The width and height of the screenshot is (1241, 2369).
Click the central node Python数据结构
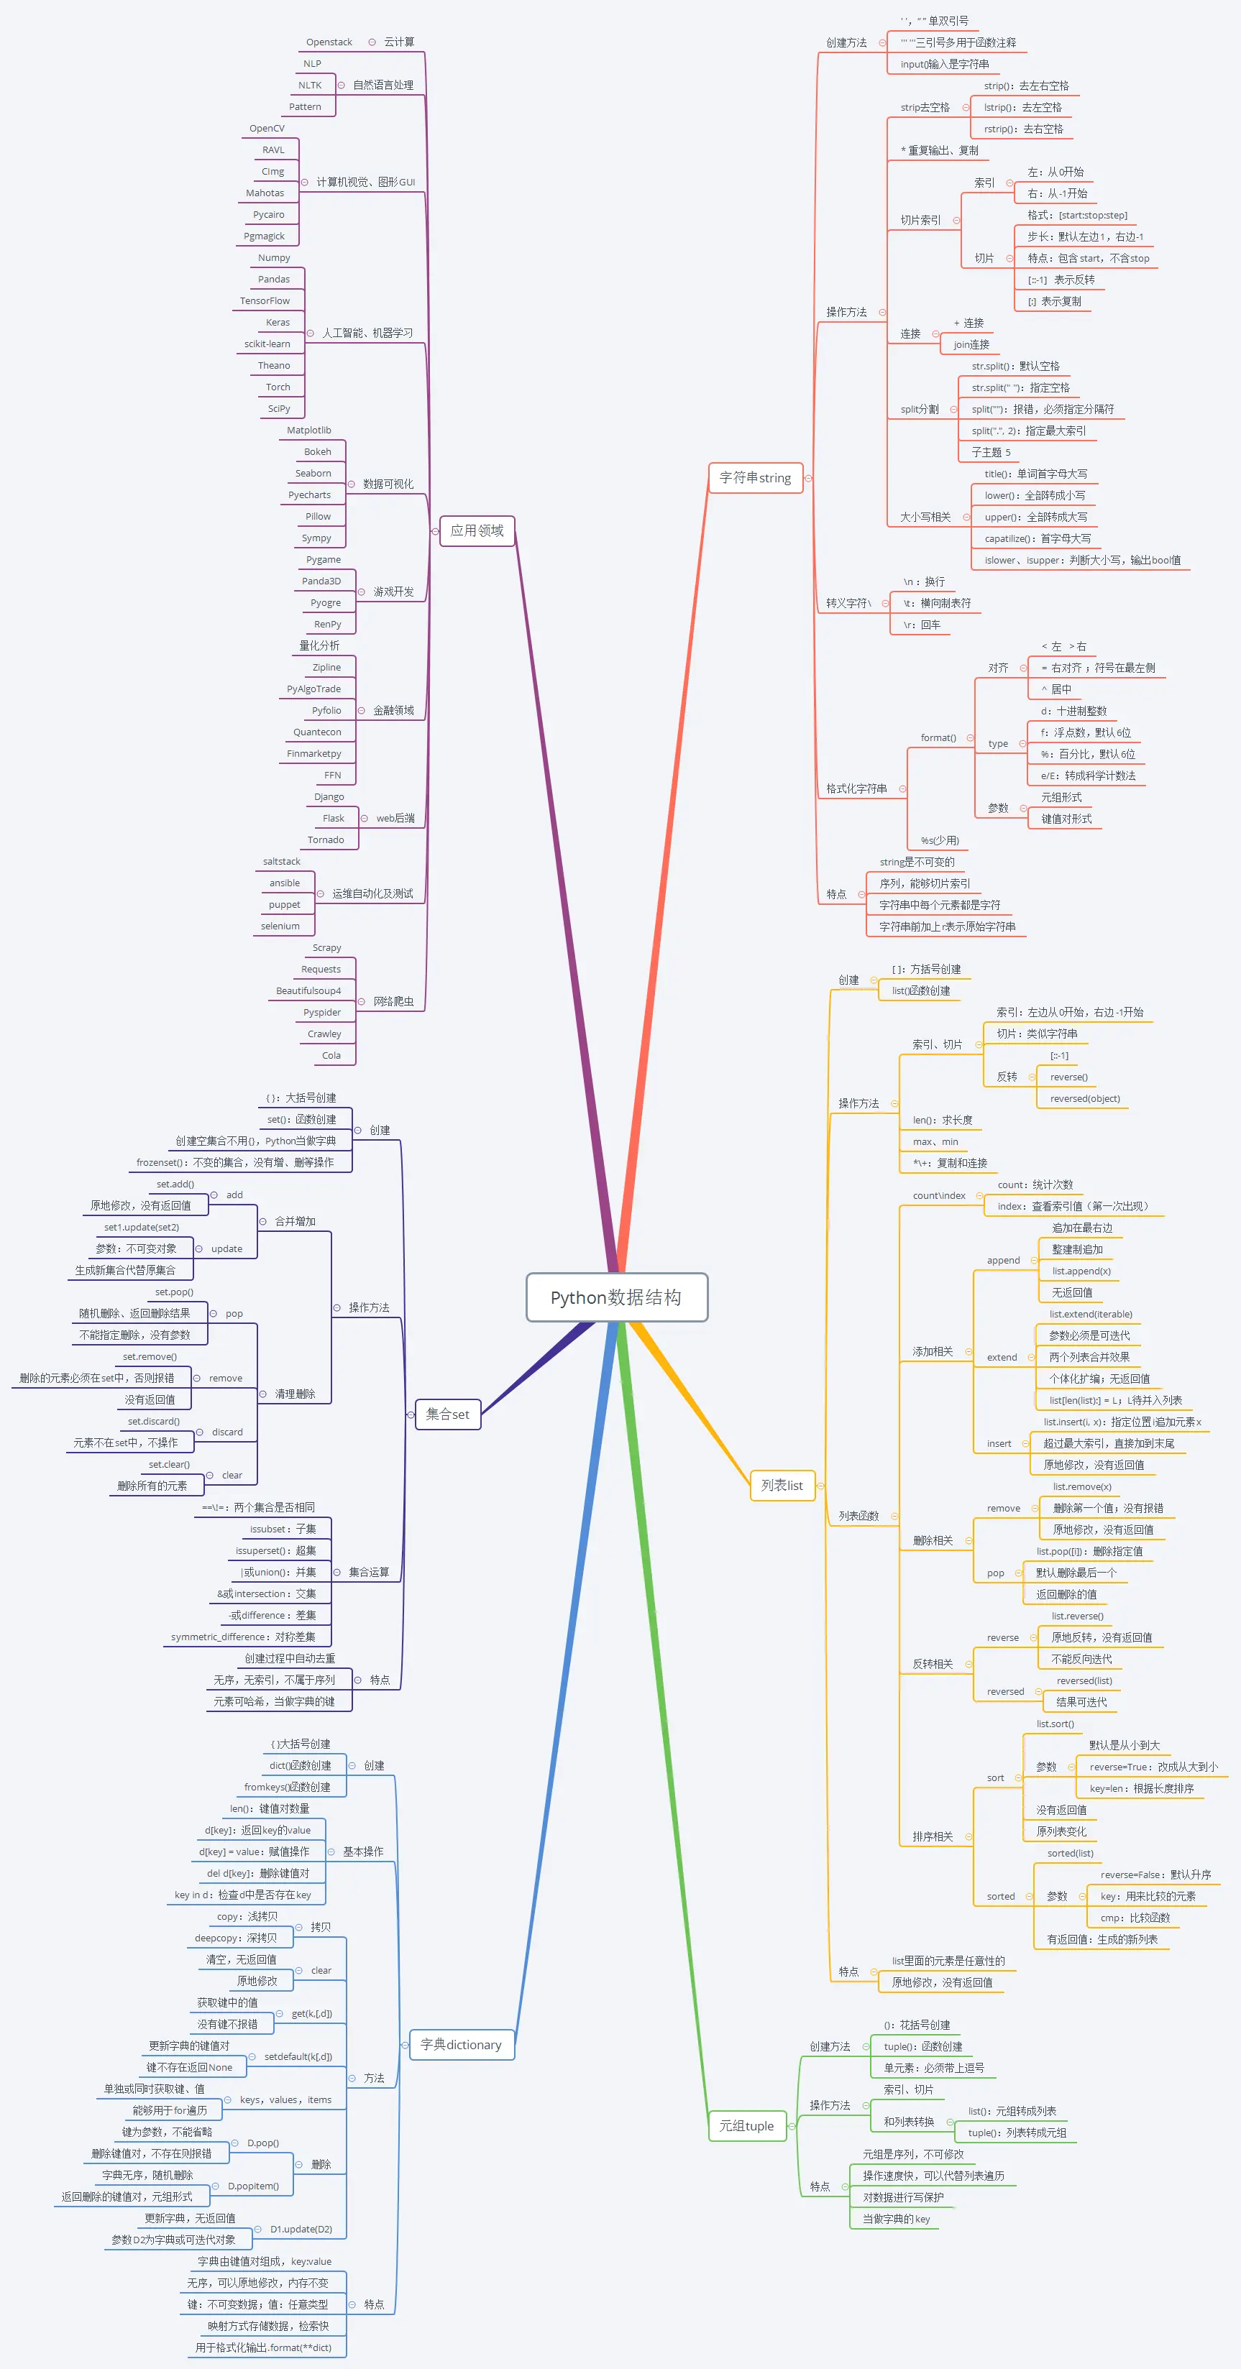(x=616, y=1297)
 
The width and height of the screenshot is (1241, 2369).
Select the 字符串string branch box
(x=755, y=477)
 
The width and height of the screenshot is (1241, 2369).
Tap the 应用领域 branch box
(x=477, y=530)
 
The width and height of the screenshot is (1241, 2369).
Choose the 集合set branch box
(x=448, y=1414)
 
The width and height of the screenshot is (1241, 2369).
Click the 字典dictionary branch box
(x=461, y=2044)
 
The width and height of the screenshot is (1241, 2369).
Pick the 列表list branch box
(x=782, y=1485)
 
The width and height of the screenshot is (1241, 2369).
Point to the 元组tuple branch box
(x=746, y=2125)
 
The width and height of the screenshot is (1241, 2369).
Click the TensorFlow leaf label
(x=265, y=300)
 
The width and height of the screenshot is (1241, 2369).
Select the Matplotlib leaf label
(x=309, y=431)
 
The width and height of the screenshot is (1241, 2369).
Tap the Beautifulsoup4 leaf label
(x=308, y=990)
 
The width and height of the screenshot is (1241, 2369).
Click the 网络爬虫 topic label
(x=394, y=1001)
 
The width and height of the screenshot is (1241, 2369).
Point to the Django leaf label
(x=329, y=796)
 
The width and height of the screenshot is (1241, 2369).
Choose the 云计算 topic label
(x=399, y=42)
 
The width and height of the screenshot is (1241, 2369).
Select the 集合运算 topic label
(x=369, y=1573)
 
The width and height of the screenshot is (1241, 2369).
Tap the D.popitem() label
(x=253, y=2186)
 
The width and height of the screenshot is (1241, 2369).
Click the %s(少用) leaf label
(x=940, y=840)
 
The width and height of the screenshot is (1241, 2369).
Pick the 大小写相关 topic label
(x=925, y=517)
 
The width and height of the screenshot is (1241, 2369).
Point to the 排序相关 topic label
(x=933, y=1836)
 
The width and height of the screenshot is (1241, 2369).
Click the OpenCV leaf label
(x=267, y=129)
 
